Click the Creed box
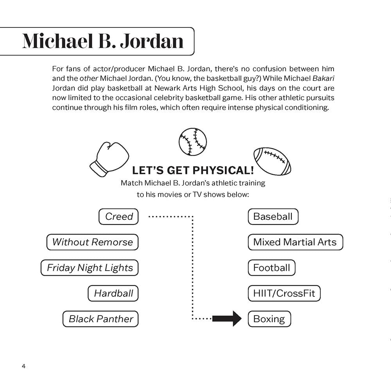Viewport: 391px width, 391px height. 118,217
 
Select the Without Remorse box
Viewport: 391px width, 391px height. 92,242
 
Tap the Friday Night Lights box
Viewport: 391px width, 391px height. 90,268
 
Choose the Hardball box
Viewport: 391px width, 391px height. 113,293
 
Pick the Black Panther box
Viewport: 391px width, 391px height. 100,319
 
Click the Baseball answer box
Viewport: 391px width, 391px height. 273,217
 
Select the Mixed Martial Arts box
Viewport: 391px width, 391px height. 296,242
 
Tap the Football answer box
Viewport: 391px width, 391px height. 272,268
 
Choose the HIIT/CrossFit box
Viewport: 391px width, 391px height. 284,293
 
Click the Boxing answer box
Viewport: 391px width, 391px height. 269,319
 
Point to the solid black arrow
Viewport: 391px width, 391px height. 227,318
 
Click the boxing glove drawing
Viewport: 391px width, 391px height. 109,160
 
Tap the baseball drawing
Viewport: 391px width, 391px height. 193,142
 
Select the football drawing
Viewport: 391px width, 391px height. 272,161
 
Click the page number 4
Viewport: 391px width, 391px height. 24,366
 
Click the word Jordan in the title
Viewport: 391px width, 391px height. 152,41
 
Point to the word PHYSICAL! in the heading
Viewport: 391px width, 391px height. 223,170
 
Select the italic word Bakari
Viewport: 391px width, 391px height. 323,78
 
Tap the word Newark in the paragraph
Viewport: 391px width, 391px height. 165,88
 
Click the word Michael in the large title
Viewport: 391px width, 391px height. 57,41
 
